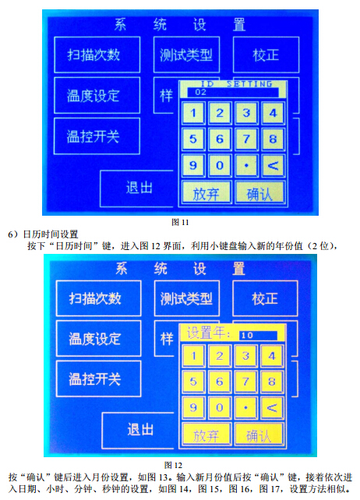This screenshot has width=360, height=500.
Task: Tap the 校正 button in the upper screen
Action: [266, 55]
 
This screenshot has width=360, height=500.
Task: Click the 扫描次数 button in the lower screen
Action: [98, 298]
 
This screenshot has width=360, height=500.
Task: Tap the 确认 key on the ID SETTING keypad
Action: [259, 192]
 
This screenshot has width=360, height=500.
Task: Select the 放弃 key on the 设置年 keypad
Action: [206, 435]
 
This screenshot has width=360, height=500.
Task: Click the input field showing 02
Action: [233, 92]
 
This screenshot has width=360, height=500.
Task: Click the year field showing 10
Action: [258, 335]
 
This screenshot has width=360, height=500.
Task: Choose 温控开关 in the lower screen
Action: [98, 379]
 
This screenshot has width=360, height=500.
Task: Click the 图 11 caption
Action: [180, 222]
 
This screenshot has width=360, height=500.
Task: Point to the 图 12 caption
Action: [173, 465]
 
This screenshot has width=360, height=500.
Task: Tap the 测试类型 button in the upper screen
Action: [186, 55]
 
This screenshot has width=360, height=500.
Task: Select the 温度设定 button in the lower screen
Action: [98, 339]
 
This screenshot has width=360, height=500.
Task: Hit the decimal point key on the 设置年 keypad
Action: [245, 407]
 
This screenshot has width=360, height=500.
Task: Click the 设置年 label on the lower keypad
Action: [208, 333]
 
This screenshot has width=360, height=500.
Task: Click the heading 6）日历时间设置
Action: [43, 234]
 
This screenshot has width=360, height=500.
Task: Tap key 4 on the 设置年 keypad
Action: [272, 356]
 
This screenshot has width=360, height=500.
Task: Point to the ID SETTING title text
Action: [236, 84]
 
